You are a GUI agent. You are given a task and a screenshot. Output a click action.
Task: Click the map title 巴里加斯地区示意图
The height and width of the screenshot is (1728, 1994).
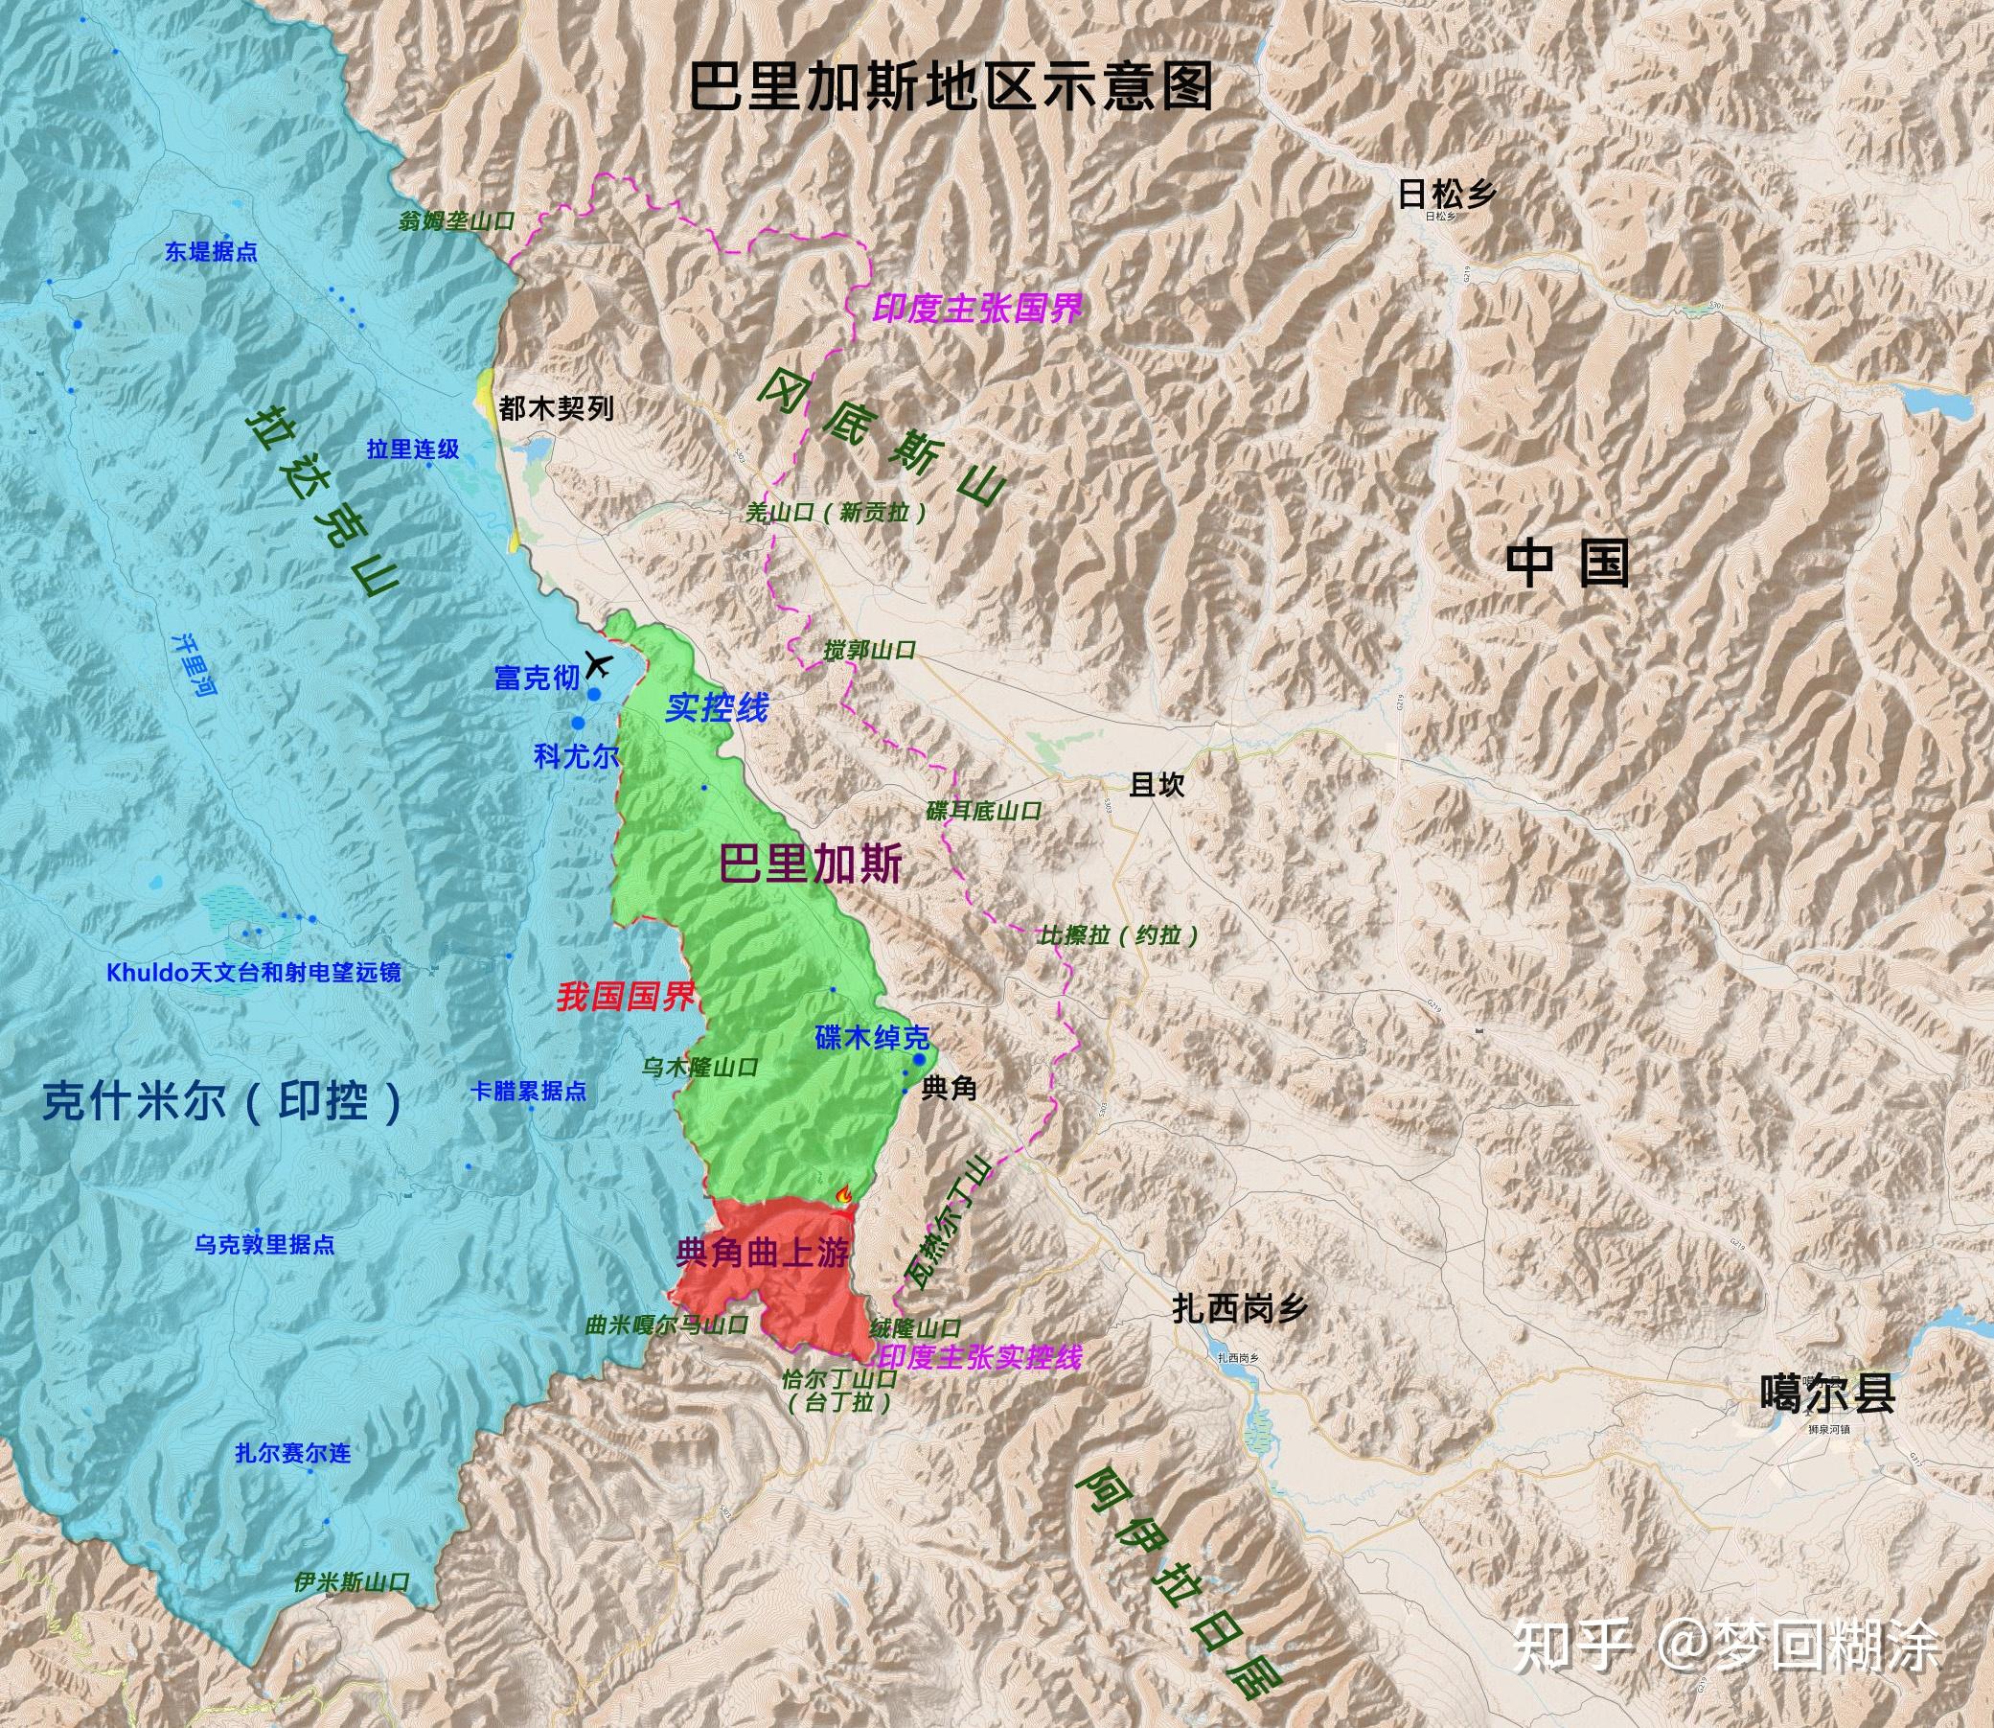point(951,89)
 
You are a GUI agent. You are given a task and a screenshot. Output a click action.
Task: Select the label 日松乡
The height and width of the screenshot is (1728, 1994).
point(1446,196)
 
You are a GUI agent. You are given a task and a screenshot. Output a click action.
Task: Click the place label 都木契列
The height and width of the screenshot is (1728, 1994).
point(557,409)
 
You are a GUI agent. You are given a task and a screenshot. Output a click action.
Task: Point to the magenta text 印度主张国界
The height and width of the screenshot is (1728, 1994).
point(975,309)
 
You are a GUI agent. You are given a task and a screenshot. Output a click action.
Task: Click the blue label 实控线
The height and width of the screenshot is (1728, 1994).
point(717,709)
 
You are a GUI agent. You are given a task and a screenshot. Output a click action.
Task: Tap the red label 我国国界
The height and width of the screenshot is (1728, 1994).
point(625,997)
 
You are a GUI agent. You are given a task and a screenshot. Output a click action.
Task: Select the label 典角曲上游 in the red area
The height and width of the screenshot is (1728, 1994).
point(763,1253)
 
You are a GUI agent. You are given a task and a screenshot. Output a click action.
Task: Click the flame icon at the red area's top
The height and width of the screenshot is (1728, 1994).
point(845,1195)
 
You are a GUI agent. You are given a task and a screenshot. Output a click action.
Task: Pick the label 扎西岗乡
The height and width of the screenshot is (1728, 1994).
point(1240,1308)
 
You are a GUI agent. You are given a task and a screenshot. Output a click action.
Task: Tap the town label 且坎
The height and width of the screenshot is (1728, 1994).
point(1157,785)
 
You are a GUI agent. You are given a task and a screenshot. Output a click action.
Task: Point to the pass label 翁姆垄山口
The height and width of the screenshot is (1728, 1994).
point(457,220)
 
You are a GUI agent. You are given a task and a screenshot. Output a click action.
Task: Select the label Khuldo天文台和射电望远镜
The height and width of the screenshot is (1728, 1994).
point(254,972)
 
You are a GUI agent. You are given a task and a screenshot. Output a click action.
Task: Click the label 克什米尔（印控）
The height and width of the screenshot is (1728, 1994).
point(222,1101)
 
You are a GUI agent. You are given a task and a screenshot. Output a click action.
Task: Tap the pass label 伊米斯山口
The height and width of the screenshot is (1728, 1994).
point(353,1582)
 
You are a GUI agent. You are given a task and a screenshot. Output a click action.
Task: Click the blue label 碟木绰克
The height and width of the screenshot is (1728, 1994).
point(872,1038)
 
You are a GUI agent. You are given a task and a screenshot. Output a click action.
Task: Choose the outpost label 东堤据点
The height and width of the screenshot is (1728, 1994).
point(210,253)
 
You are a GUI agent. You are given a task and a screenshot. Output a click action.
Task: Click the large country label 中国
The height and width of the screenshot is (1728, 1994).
point(1568,564)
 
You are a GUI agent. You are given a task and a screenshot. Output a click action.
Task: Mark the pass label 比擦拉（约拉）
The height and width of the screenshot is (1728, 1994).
point(1118,934)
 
